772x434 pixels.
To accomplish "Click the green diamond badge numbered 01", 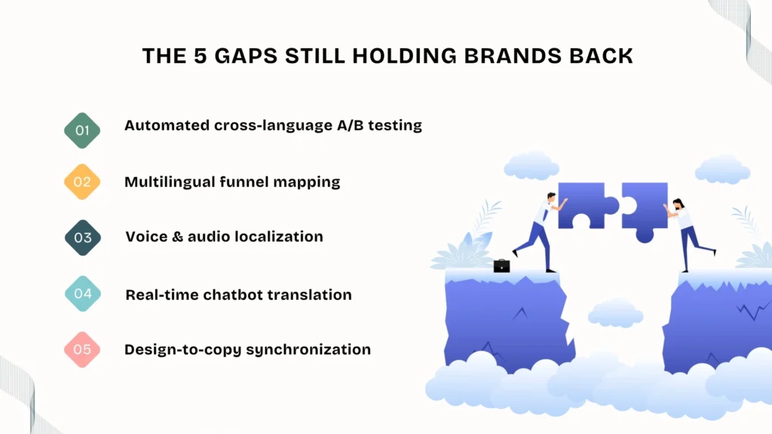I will (x=82, y=130).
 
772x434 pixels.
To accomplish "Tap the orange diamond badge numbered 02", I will (x=82, y=182).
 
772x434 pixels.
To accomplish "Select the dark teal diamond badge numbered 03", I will (x=82, y=238).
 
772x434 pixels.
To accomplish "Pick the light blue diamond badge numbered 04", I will (x=82, y=294).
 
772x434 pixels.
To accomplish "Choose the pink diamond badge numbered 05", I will (x=82, y=350).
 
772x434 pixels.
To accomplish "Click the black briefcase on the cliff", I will (x=501, y=265).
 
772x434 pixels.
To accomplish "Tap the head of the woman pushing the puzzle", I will (x=679, y=203).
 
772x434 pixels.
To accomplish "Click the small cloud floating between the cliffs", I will (x=614, y=312).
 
